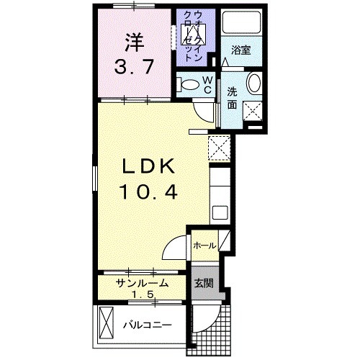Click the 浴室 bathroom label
[240, 50]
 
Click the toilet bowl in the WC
[189, 84]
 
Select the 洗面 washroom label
[233, 98]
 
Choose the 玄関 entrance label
[202, 283]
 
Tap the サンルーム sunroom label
[143, 283]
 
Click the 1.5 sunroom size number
[143, 295]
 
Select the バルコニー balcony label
[146, 325]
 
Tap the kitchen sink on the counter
[220, 212]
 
